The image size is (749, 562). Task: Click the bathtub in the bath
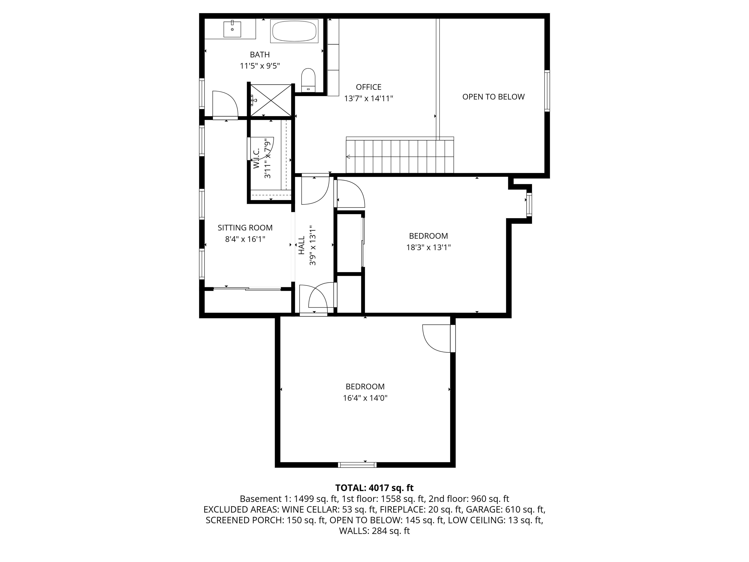pos(294,31)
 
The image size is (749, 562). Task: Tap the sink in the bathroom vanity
pos(232,29)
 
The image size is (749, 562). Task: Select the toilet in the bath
pos(308,80)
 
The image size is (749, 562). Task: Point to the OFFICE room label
pos(368,87)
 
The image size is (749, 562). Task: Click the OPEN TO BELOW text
pos(493,97)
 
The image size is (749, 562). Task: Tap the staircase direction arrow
pos(348,157)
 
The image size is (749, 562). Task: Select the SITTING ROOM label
pos(245,228)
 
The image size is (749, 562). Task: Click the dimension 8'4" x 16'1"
pos(245,239)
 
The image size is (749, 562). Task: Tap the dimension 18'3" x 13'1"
pos(428,247)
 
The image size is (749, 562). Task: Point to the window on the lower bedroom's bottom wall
pos(357,465)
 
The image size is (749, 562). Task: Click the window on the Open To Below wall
pos(547,90)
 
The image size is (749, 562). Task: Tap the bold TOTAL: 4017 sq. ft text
pos(374,488)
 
